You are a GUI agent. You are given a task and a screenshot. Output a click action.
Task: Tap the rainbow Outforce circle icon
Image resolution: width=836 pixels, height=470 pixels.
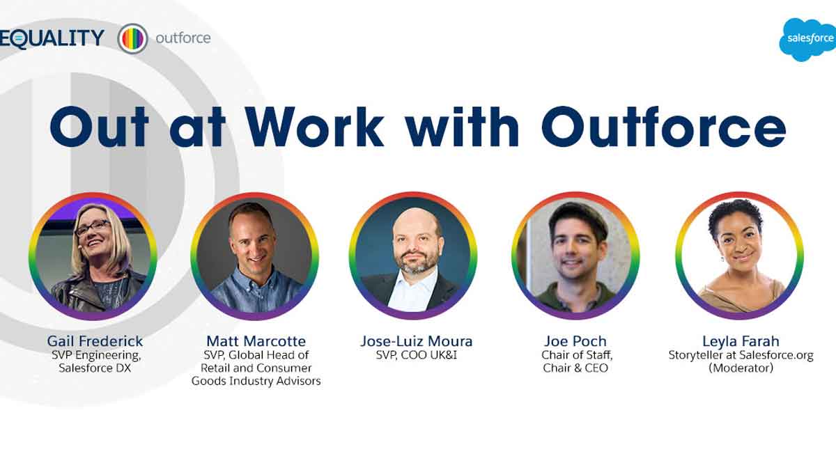coord(133,38)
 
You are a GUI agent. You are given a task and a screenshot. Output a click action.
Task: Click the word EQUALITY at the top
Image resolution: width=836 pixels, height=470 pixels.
coord(52,38)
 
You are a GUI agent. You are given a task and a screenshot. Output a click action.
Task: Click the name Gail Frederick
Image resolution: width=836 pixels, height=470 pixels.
coord(95,341)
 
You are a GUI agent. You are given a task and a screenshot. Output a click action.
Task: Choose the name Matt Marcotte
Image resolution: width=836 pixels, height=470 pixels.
coord(256,341)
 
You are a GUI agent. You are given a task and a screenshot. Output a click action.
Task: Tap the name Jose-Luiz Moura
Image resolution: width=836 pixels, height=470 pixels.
coord(416,341)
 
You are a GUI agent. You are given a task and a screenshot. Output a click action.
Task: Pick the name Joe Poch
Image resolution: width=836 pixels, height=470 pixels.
coord(575,341)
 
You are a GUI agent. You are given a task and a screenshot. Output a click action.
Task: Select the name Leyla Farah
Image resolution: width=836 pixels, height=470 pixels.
coord(741,341)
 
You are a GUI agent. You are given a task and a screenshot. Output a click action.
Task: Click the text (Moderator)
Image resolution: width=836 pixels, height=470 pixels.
coord(741,368)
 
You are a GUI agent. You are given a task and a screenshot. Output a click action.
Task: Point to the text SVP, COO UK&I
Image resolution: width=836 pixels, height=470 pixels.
coord(416,355)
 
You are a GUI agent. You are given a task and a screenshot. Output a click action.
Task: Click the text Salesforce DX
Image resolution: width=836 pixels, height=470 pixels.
coord(95,368)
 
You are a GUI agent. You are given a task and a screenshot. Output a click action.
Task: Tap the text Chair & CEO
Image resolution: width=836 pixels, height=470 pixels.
coord(575,368)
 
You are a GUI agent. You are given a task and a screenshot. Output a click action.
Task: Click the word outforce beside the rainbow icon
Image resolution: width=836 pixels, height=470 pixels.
coord(183,38)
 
